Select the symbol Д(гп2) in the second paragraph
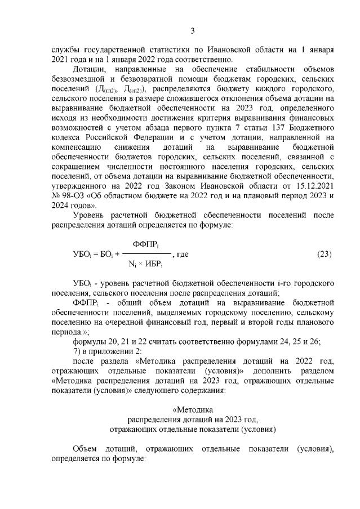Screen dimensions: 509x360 pyautogui.click(x=107, y=90)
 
